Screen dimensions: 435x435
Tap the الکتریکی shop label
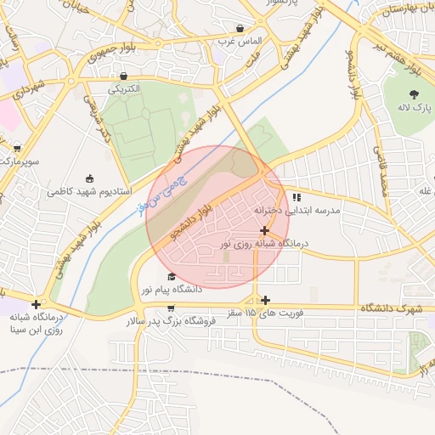[124, 88]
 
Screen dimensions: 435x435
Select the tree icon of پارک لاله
[415, 94]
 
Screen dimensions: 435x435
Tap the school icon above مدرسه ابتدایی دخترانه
[296, 197]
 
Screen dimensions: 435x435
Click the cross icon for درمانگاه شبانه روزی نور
[265, 230]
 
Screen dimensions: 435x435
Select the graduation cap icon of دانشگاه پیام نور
[172, 276]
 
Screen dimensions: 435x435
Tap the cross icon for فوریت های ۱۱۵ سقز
[266, 299]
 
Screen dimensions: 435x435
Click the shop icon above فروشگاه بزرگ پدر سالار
[172, 308]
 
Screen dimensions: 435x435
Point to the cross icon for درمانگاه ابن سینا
[35, 304]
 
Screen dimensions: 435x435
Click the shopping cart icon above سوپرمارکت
[16, 146]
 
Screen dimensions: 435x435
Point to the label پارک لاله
[417, 110]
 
